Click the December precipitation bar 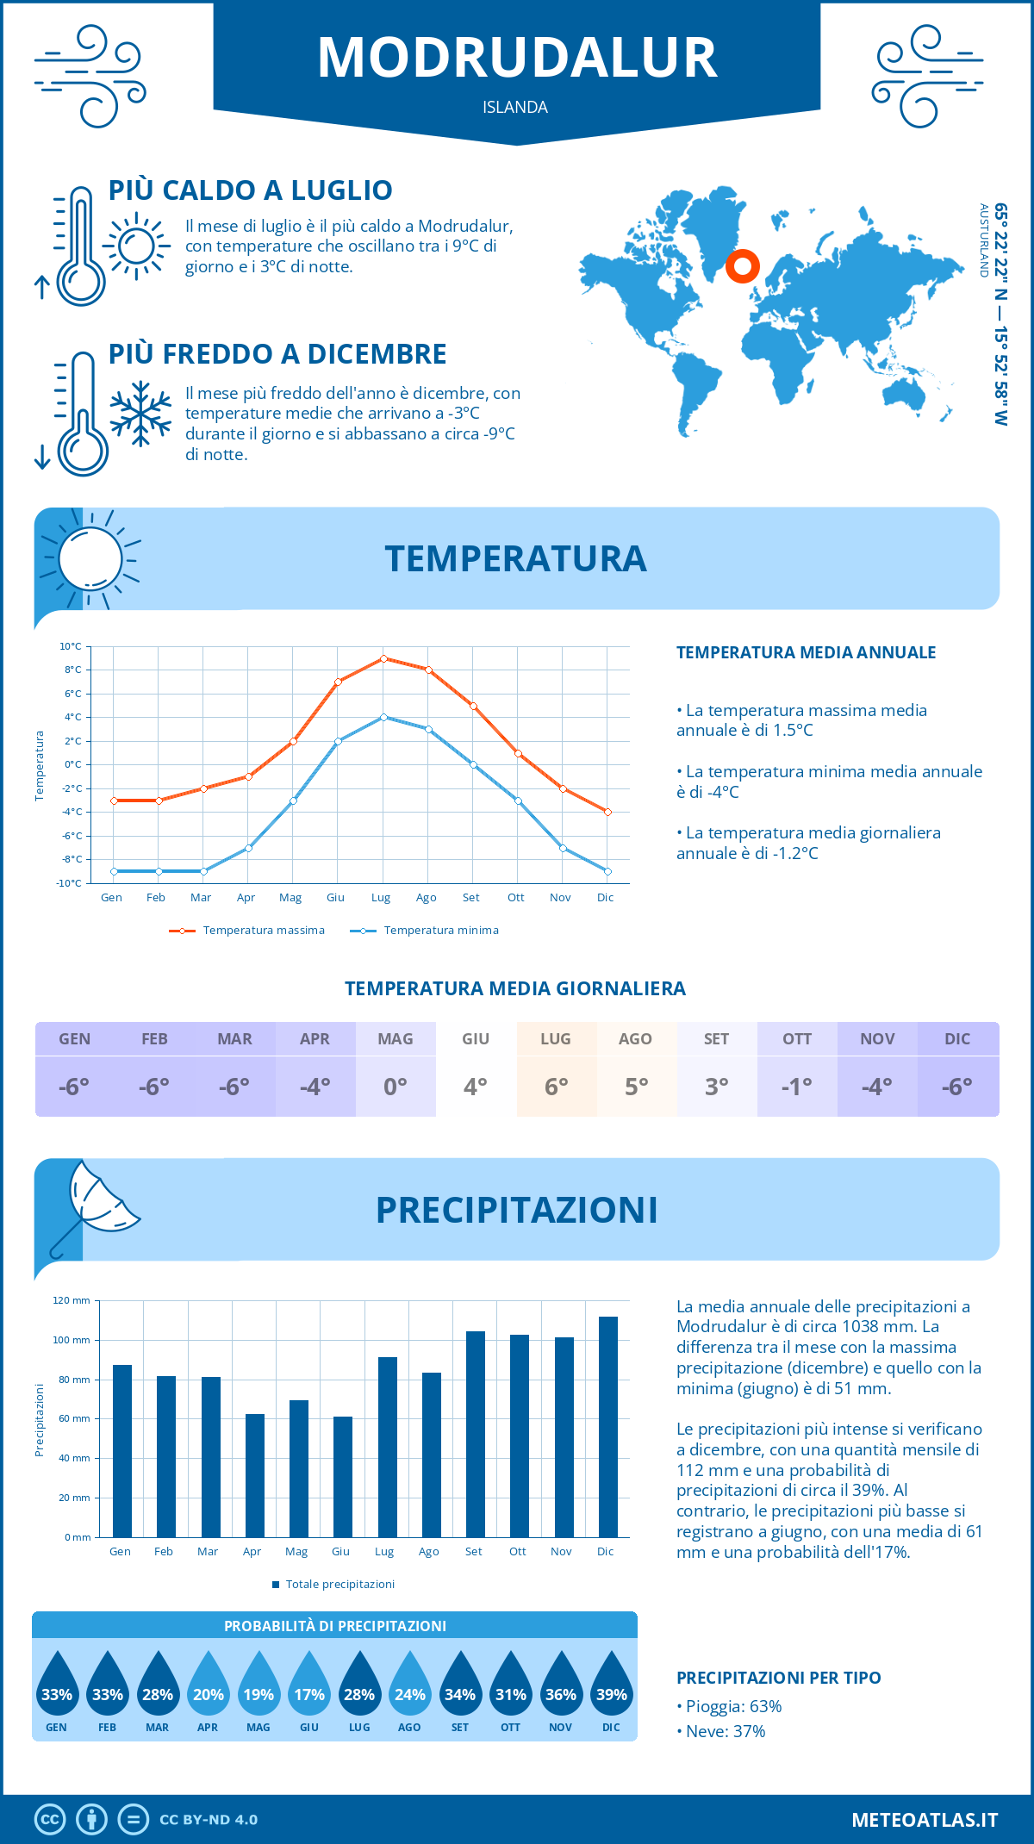click(x=608, y=1427)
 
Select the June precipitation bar click(x=343, y=1477)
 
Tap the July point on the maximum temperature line click(x=383, y=658)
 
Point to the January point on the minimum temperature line click(x=114, y=871)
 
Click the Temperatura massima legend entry click(x=247, y=931)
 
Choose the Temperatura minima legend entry click(x=425, y=931)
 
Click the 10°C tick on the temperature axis click(x=71, y=646)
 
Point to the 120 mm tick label click(x=72, y=1300)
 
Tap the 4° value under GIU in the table click(x=476, y=1087)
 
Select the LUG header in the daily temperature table click(x=556, y=1039)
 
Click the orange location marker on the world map click(x=742, y=266)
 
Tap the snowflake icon click(x=140, y=414)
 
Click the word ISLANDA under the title click(x=515, y=107)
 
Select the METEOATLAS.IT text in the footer click(x=925, y=1820)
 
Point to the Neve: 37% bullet click(x=722, y=1731)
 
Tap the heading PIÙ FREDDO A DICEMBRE click(x=277, y=354)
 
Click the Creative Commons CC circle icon click(x=50, y=1820)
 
